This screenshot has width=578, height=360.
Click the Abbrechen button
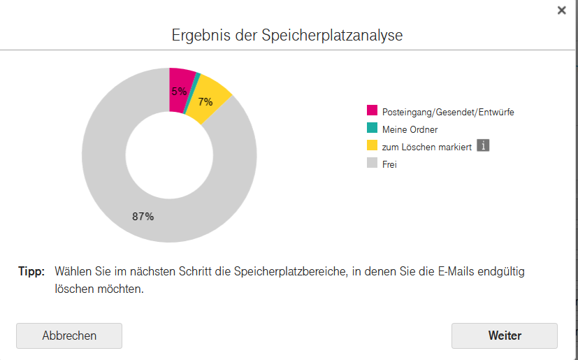pos(69,336)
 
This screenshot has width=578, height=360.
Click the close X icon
pos(561,10)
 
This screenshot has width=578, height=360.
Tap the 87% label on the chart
pos(143,217)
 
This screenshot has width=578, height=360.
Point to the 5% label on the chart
pos(179,92)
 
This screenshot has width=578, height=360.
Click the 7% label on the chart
pos(205,102)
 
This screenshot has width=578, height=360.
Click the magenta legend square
pos(373,111)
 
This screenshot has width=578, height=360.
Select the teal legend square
pos(373,129)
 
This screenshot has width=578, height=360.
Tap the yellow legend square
pos(373,146)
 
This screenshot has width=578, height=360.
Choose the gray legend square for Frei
pos(373,164)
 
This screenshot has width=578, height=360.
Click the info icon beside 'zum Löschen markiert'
pos(482,145)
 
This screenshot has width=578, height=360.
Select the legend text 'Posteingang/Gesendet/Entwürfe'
pos(448,112)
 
